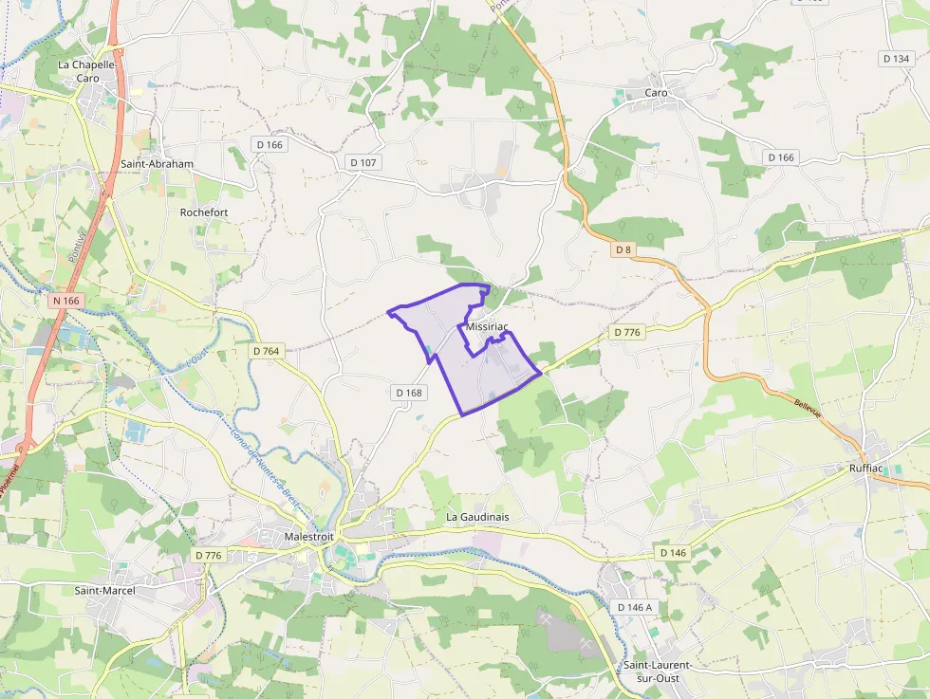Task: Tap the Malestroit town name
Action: pyautogui.click(x=309, y=537)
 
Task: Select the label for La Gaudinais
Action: pyautogui.click(x=477, y=517)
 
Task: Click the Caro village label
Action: pyautogui.click(x=656, y=93)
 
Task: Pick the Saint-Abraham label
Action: pyautogui.click(x=158, y=164)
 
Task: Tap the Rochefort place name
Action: pyautogui.click(x=204, y=212)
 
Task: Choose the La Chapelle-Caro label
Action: pyautogui.click(x=86, y=72)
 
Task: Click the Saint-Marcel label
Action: pyautogui.click(x=104, y=591)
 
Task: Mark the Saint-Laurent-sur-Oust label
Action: pyautogui.click(x=657, y=671)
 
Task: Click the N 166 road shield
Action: pyautogui.click(x=66, y=301)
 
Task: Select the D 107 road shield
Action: pyautogui.click(x=363, y=163)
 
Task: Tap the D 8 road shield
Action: pyautogui.click(x=623, y=249)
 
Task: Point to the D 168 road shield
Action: pyautogui.click(x=408, y=393)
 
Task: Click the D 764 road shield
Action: pyautogui.click(x=267, y=351)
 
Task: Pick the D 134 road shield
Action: pyautogui.click(x=896, y=59)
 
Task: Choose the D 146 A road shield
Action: pyautogui.click(x=635, y=607)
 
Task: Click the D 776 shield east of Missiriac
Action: pyautogui.click(x=628, y=332)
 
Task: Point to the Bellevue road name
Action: pyautogui.click(x=807, y=409)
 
